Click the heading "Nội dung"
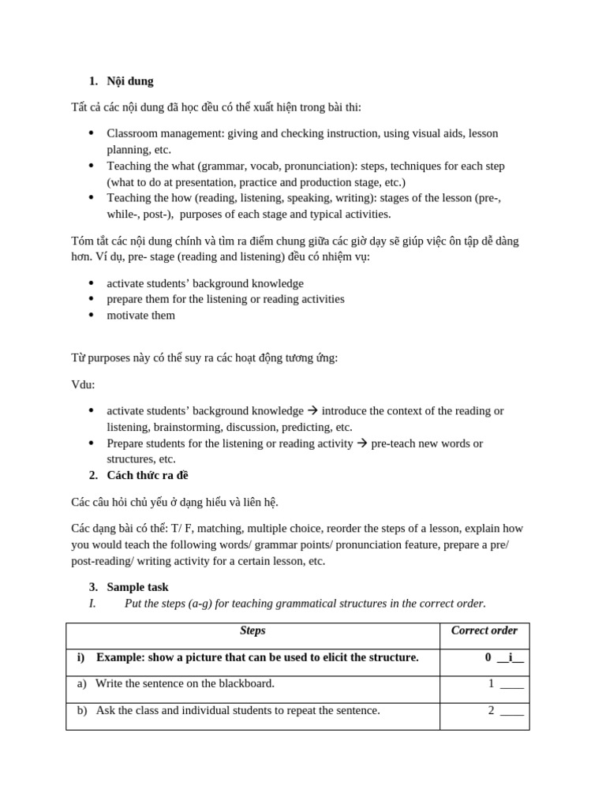pyautogui.click(x=130, y=80)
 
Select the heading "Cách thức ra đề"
pyautogui.click(x=148, y=475)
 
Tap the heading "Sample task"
pyautogui.click(x=137, y=587)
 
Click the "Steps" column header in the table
pyautogui.click(x=252, y=630)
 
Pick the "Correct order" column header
pyautogui.click(x=484, y=630)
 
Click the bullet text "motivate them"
pyautogui.click(x=141, y=315)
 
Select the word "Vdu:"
pyautogui.click(x=83, y=384)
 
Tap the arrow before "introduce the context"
pyautogui.click(x=312, y=411)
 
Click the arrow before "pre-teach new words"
pyautogui.click(x=362, y=443)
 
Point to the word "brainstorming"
pyautogui.click(x=187, y=427)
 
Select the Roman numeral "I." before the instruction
pyautogui.click(x=92, y=604)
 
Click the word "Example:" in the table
pyautogui.click(x=123, y=657)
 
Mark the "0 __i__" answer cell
pyautogui.click(x=504, y=657)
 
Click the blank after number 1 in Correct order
pyautogui.click(x=511, y=684)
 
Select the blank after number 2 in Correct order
pyautogui.click(x=511, y=711)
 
